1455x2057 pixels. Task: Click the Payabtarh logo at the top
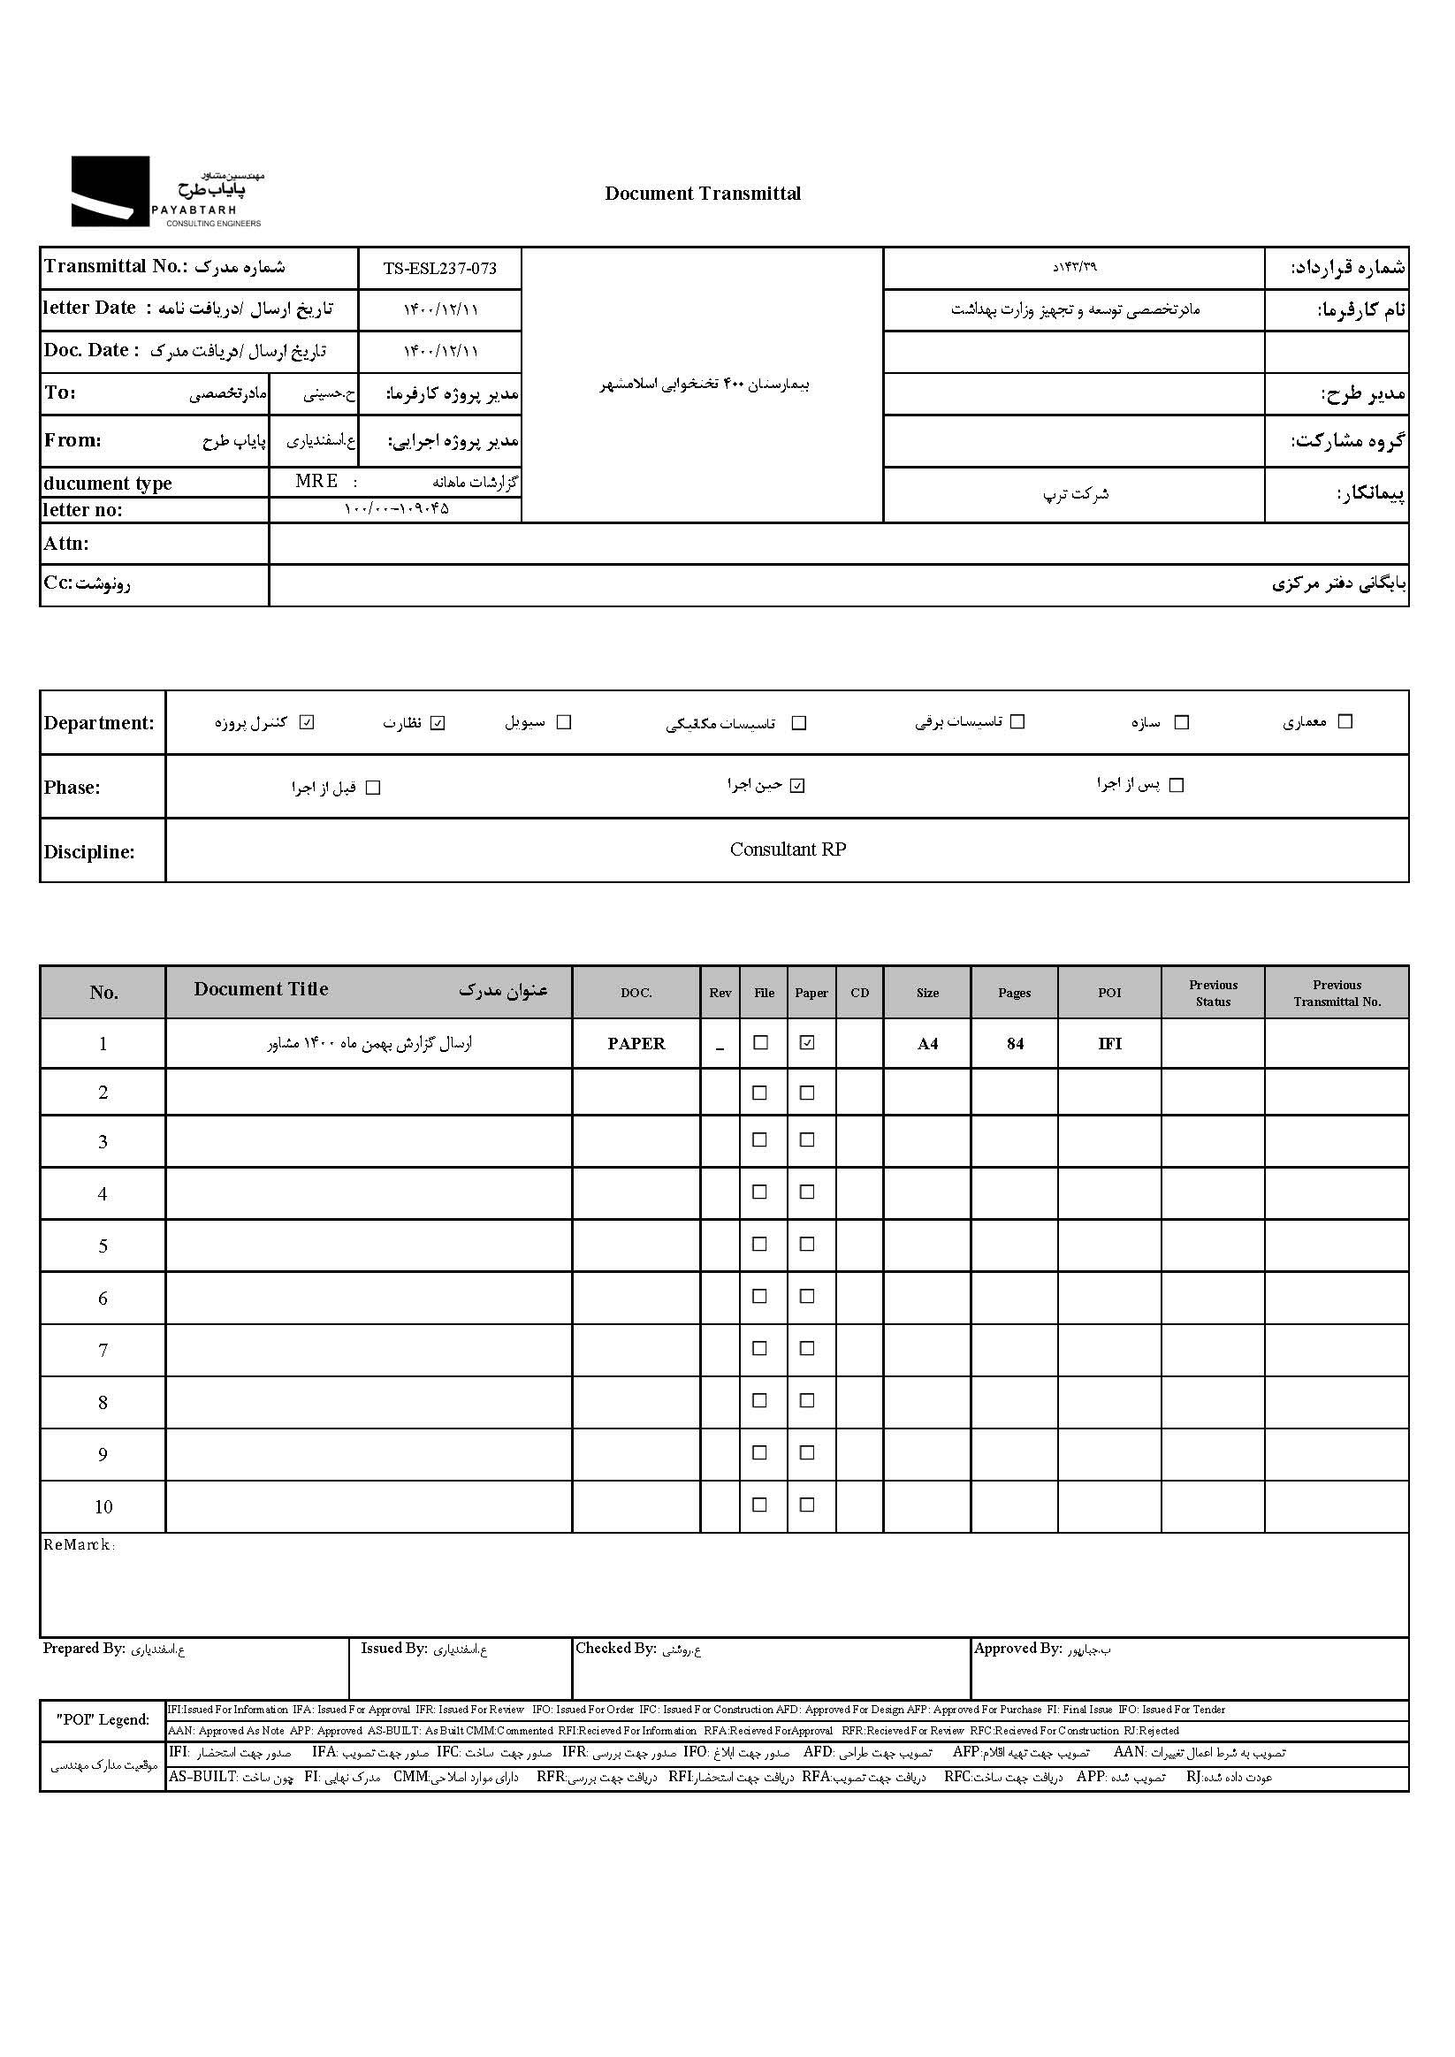pyautogui.click(x=167, y=192)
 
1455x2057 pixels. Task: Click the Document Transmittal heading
pyautogui.click(x=703, y=194)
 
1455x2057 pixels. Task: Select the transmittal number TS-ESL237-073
pyautogui.click(x=439, y=269)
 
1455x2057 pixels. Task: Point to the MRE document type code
pyautogui.click(x=316, y=481)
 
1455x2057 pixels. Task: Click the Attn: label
pyautogui.click(x=66, y=544)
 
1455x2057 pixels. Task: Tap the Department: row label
pyautogui.click(x=98, y=723)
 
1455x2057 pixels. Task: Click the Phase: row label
pyautogui.click(x=72, y=788)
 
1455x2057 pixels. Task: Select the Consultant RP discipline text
pyautogui.click(x=788, y=849)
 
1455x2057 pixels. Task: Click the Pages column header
pyautogui.click(x=1014, y=993)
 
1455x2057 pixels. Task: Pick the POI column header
pyautogui.click(x=1109, y=993)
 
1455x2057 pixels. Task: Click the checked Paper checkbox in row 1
pyautogui.click(x=807, y=1043)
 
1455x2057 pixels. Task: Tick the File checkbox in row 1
pyautogui.click(x=761, y=1043)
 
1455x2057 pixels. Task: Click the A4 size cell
pyautogui.click(x=927, y=1044)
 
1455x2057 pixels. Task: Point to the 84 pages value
pyautogui.click(x=1014, y=1044)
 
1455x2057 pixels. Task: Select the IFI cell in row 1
pyautogui.click(x=1109, y=1044)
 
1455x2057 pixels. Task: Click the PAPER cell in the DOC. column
pyautogui.click(x=636, y=1044)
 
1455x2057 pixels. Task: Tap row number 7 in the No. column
pyautogui.click(x=103, y=1350)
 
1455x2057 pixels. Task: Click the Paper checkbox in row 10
pyautogui.click(x=807, y=1505)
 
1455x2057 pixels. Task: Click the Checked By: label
pyautogui.click(x=615, y=1649)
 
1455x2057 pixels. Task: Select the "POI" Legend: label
pyautogui.click(x=103, y=1719)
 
